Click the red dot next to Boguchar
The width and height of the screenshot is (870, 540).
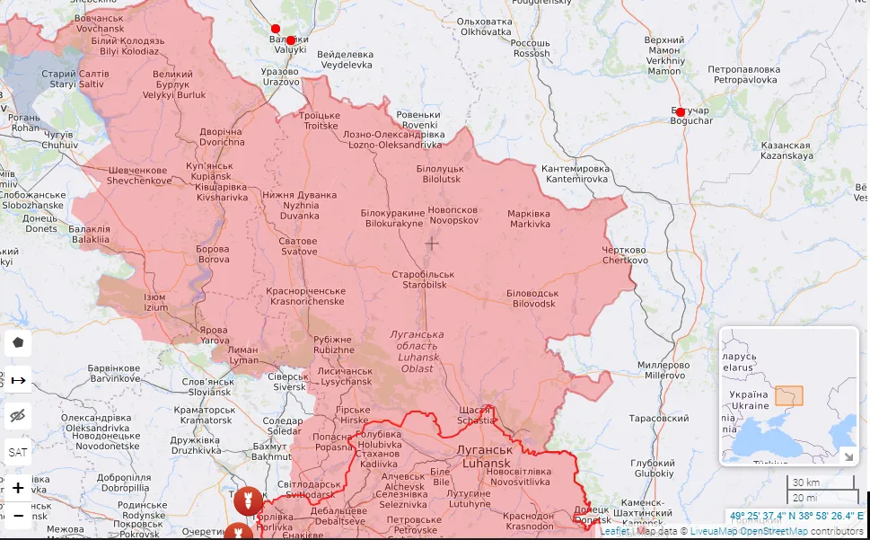pos(681,112)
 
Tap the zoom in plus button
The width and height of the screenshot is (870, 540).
pos(18,488)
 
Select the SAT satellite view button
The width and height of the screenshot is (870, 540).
pos(18,452)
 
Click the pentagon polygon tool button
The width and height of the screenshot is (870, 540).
pos(18,342)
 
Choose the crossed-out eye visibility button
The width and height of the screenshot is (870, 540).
pos(18,415)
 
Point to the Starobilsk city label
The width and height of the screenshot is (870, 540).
pos(424,279)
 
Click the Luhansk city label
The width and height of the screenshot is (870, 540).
pos(486,456)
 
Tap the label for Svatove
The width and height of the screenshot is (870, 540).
pos(296,246)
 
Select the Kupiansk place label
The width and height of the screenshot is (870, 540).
pos(208,171)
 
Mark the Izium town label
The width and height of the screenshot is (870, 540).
pos(156,302)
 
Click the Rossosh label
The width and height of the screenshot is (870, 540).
pos(532,49)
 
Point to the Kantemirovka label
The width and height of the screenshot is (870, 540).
pos(575,174)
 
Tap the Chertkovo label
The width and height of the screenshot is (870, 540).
pos(625,255)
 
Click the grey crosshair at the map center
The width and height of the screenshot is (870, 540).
pos(432,243)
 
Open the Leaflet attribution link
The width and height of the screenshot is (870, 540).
pos(614,531)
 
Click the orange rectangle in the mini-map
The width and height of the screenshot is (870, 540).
pos(789,396)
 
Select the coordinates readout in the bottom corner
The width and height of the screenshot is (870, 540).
pos(796,517)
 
